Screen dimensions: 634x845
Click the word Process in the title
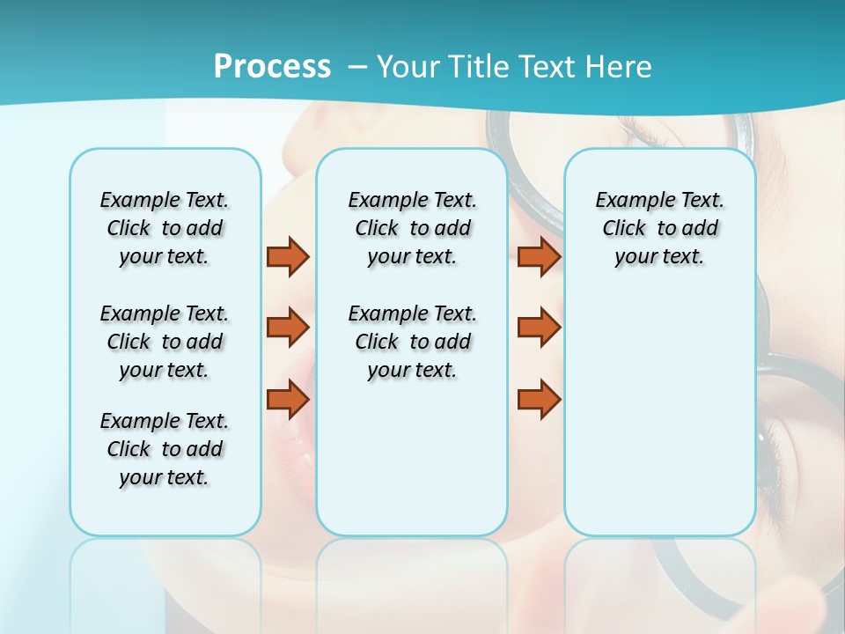[x=272, y=67]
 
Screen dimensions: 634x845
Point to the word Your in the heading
[x=408, y=67]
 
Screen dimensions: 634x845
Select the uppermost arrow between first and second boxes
[x=288, y=256]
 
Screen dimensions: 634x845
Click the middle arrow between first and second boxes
[x=288, y=328]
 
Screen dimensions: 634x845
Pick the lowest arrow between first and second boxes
[x=288, y=399]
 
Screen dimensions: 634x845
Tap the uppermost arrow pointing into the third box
[x=539, y=256]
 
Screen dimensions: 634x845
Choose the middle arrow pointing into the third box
[x=539, y=328]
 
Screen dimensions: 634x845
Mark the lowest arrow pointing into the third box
[x=539, y=399]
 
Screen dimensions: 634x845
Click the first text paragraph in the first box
[x=165, y=228]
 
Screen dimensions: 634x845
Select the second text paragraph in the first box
[x=165, y=342]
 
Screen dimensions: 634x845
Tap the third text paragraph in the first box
[x=165, y=449]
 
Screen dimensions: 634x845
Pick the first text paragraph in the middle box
[x=412, y=228]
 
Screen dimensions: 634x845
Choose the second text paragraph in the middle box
[x=412, y=342]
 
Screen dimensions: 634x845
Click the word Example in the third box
[x=631, y=201]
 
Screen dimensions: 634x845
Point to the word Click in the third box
[x=624, y=229]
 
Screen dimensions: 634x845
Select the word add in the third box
[x=700, y=229]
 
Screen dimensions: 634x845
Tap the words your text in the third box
[x=659, y=257]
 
